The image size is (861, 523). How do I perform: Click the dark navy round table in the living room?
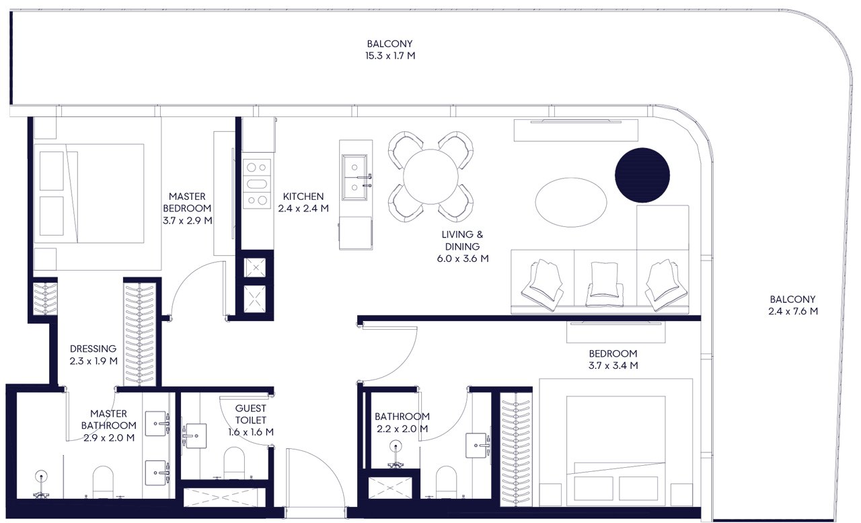click(642, 175)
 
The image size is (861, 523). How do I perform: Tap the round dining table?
click(430, 176)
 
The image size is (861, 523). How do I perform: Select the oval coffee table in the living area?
click(571, 203)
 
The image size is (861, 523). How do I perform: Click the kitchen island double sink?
click(354, 177)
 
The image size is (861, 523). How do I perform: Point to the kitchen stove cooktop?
click(257, 184)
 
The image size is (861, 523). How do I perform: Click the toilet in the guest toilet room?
click(233, 462)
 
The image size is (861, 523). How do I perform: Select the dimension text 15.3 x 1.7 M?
click(390, 56)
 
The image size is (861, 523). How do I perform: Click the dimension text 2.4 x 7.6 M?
click(793, 311)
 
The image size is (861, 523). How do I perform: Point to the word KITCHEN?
click(303, 197)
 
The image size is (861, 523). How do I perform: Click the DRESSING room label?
click(93, 349)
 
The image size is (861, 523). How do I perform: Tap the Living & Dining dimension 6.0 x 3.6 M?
click(463, 258)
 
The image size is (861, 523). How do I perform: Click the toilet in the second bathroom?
click(446, 482)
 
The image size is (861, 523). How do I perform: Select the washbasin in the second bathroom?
click(478, 446)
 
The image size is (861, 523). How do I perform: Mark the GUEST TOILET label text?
click(251, 414)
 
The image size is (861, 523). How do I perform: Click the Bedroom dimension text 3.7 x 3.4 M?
click(613, 365)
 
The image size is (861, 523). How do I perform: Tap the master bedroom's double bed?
click(89, 193)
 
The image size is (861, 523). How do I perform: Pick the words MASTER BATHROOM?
click(109, 419)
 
